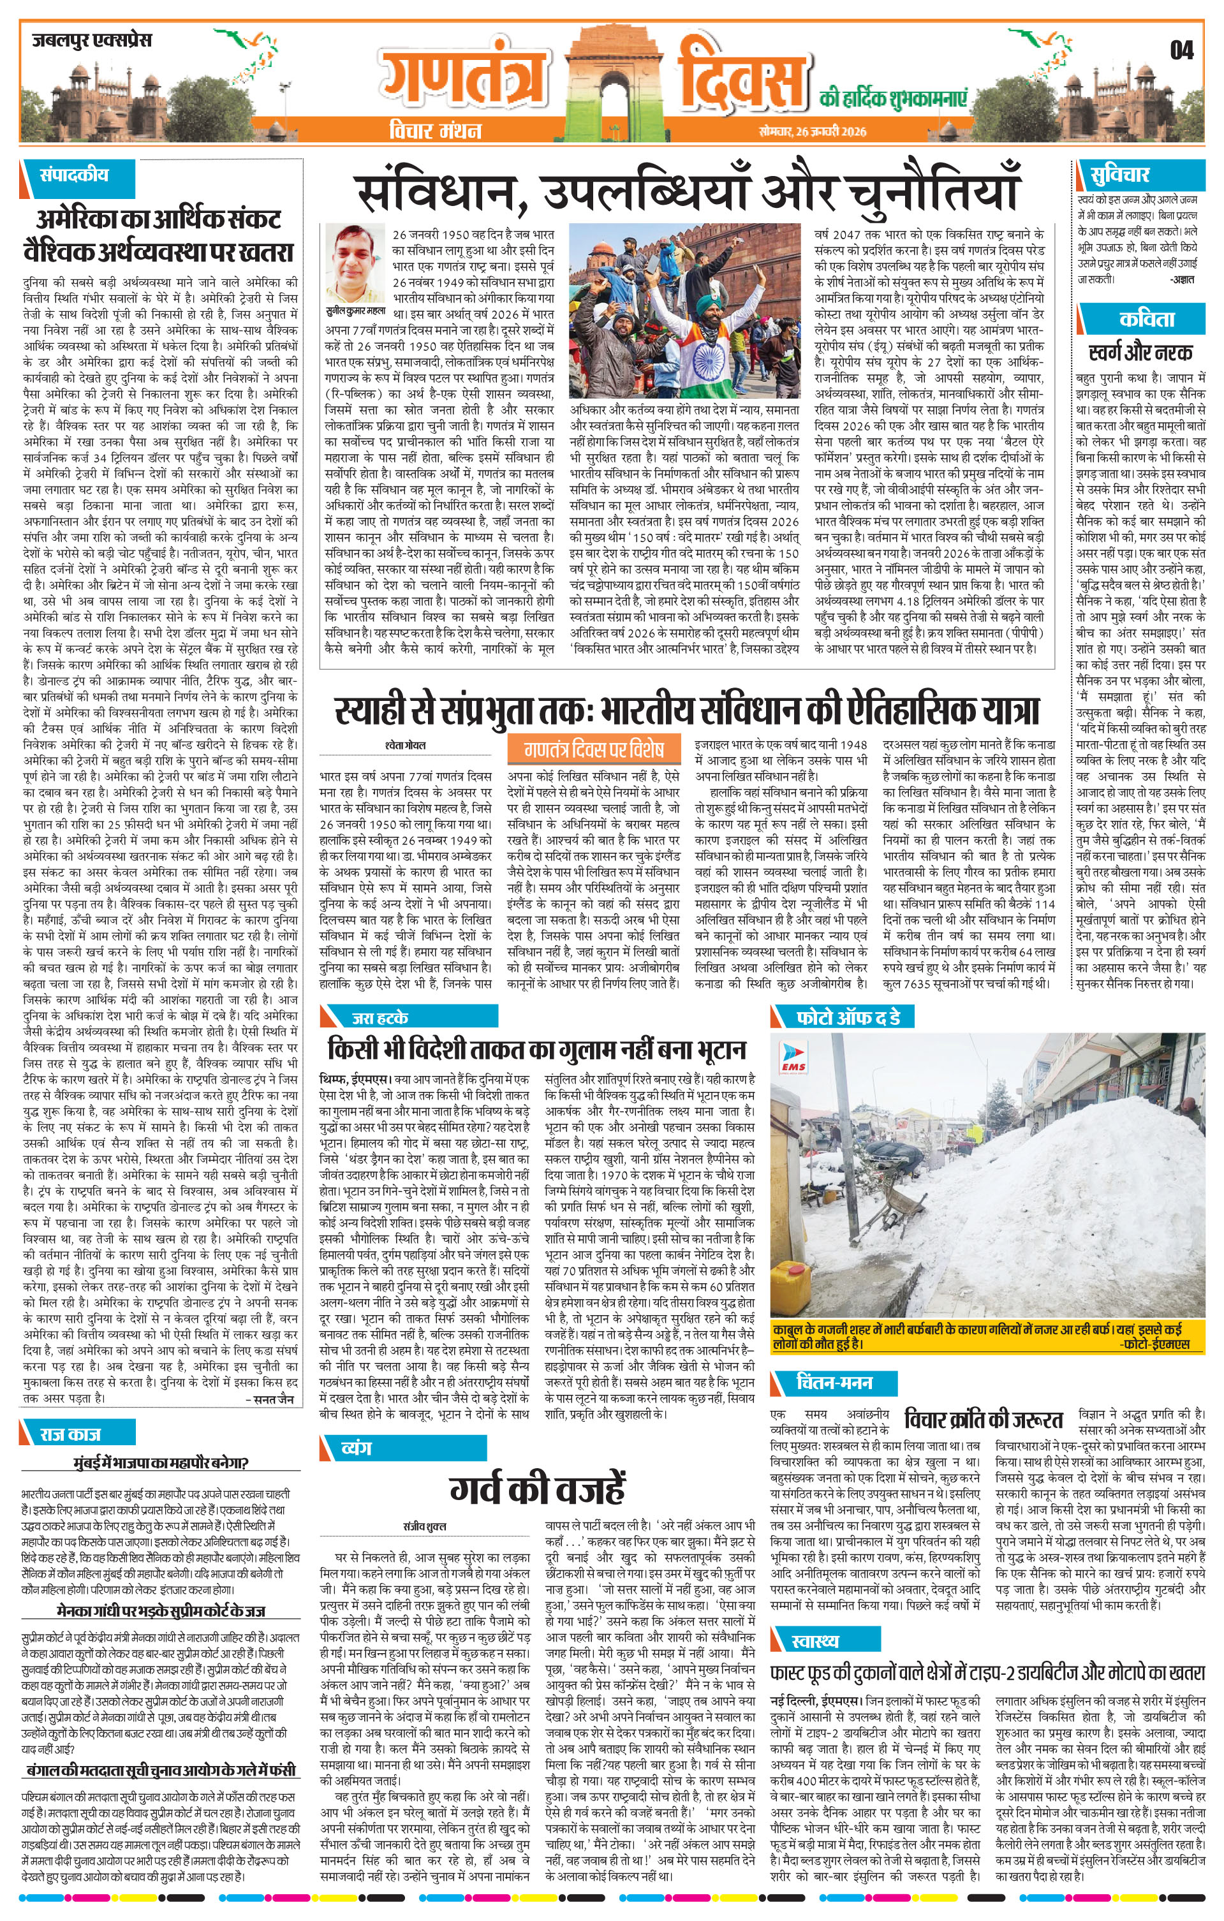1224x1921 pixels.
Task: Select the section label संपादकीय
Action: tap(74, 175)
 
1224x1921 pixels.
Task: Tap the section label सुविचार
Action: tap(1121, 175)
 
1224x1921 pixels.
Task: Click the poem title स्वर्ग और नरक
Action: tap(1141, 353)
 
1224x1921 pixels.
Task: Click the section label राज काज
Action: tap(71, 1434)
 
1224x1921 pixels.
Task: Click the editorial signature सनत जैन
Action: tap(272, 1399)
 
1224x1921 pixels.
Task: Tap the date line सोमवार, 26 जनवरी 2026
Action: tap(812, 131)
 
